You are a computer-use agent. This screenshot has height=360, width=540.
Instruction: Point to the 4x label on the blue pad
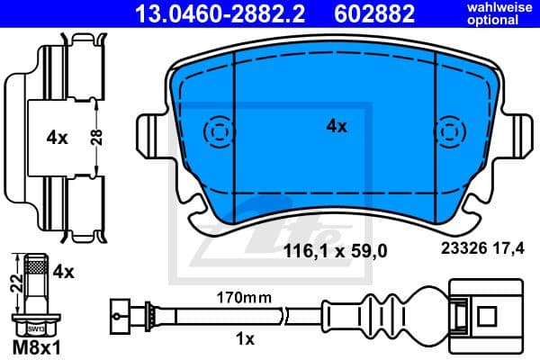(x=336, y=127)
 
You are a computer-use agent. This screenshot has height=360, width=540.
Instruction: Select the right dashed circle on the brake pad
(x=448, y=132)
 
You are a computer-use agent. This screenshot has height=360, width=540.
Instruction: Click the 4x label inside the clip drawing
(x=57, y=138)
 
